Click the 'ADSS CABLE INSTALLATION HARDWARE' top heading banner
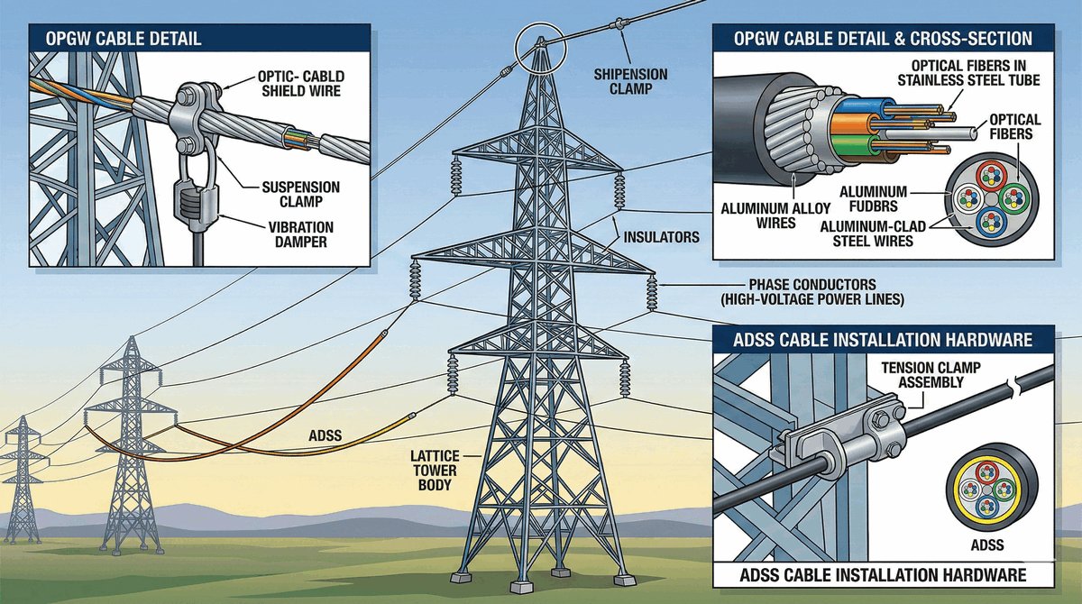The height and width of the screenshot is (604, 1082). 883,340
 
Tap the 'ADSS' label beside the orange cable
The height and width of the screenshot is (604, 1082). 326,436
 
